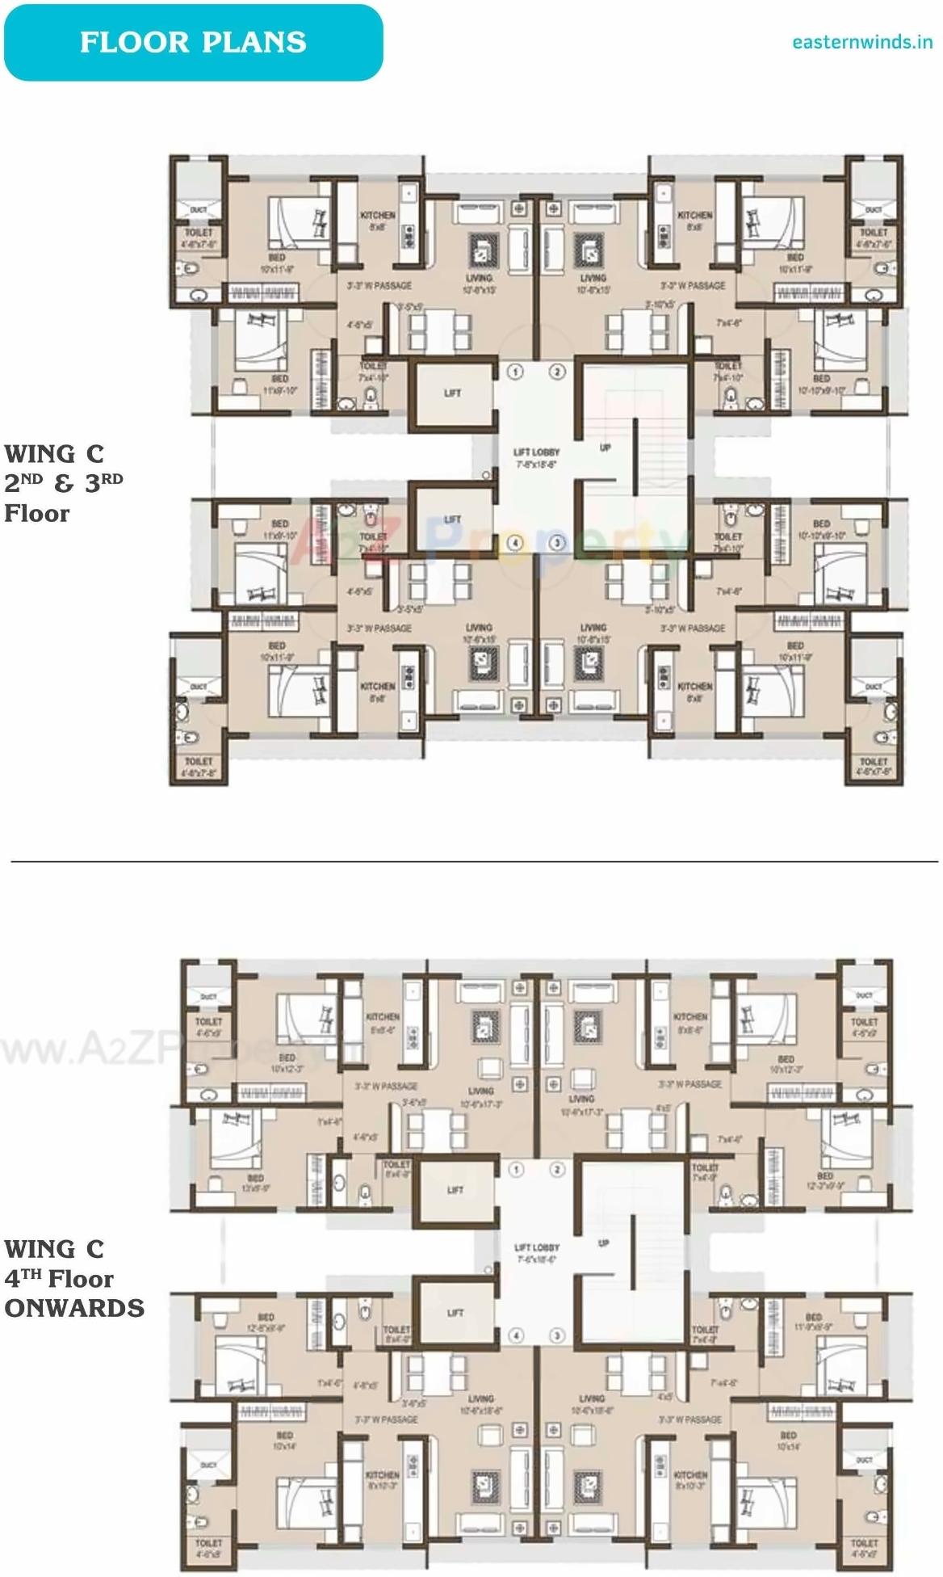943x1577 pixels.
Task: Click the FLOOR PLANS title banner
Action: (193, 42)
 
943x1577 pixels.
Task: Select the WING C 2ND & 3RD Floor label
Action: (63, 483)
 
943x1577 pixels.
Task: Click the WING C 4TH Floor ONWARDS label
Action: (73, 1278)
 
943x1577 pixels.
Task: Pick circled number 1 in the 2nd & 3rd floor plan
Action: (515, 372)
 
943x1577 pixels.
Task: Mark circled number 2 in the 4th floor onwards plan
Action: (557, 1169)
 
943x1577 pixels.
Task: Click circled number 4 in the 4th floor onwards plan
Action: (515, 1335)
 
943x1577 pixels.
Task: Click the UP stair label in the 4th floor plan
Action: (603, 1243)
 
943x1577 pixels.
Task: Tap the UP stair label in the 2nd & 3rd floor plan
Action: (605, 448)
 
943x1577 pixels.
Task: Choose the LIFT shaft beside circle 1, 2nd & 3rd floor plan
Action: (452, 393)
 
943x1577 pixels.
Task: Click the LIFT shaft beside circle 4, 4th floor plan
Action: (455, 1314)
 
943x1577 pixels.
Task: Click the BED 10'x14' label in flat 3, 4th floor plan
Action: (788, 1440)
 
